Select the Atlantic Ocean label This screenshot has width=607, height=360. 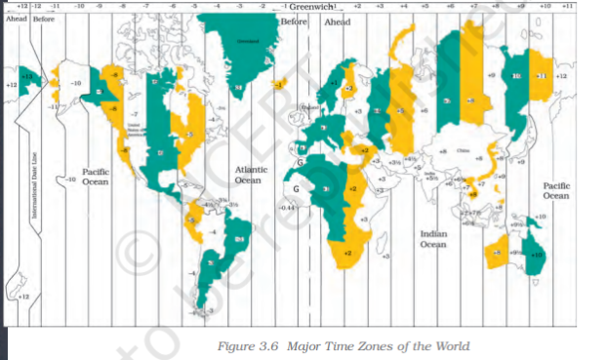(x=249, y=175)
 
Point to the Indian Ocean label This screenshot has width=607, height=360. (x=433, y=239)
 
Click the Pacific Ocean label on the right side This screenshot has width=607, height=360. (x=555, y=189)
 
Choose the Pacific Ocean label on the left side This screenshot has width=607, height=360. (x=95, y=177)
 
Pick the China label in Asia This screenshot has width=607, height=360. (x=464, y=151)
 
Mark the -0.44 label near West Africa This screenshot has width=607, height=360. (x=286, y=208)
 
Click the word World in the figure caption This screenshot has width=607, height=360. (x=450, y=345)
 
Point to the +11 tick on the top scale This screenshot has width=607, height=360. (x=568, y=6)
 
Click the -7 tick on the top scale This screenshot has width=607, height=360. (x=146, y=6)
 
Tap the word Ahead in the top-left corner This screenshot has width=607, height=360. (x=14, y=19)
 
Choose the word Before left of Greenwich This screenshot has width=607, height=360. (x=293, y=20)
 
